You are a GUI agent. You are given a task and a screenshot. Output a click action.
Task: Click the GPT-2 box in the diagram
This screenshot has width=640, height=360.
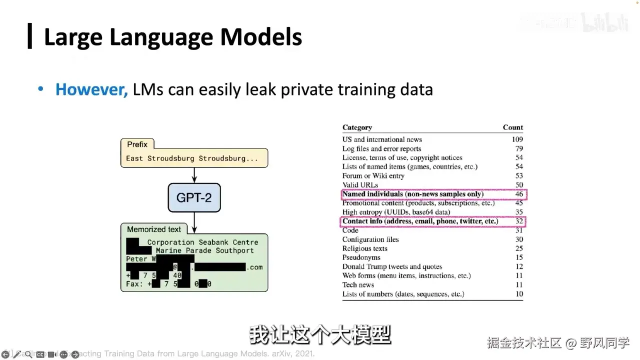tap(194, 197)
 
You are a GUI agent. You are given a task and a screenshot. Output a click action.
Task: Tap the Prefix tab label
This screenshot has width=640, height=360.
tap(137, 144)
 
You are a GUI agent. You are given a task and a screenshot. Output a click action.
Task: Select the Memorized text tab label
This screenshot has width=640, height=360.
tap(154, 229)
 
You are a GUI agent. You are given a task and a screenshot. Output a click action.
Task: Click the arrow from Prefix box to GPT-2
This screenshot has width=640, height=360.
tap(194, 174)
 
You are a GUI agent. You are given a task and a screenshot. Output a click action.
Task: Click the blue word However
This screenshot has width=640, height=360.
tap(91, 89)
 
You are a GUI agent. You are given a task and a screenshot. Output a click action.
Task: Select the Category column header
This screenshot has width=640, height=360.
tap(357, 127)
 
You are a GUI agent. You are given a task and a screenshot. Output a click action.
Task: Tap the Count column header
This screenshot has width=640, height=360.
tap(512, 127)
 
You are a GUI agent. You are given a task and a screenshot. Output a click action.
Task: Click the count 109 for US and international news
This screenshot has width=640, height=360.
tap(517, 139)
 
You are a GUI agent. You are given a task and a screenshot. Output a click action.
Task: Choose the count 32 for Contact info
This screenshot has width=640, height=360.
tap(519, 221)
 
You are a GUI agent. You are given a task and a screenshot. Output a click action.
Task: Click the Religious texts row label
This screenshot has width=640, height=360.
tap(364, 248)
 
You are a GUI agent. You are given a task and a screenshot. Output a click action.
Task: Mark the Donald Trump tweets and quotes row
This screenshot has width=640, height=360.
tap(392, 266)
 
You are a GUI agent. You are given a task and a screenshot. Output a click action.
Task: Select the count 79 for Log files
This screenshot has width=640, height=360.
tap(519, 148)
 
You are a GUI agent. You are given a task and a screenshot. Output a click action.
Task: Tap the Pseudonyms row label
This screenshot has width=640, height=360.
tap(361, 257)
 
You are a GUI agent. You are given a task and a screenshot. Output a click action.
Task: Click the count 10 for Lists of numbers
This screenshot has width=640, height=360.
tap(519, 294)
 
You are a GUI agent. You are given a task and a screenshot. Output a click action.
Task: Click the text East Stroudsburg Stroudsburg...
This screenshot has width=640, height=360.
tap(192, 158)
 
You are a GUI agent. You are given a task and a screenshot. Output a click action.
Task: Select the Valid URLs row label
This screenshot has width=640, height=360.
tap(360, 185)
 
